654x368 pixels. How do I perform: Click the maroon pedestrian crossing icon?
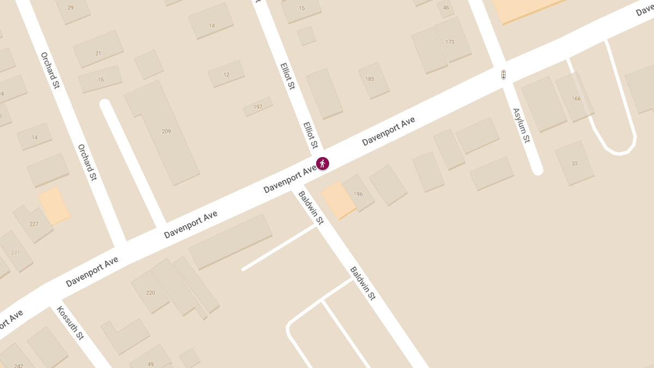(x=323, y=163)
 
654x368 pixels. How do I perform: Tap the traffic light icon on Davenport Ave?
(x=504, y=75)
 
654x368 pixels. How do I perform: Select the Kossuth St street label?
(x=70, y=323)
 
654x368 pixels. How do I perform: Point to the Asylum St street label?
(x=521, y=125)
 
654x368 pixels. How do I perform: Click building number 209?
(x=166, y=131)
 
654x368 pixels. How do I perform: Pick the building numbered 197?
(x=258, y=107)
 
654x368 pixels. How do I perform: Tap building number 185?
(x=370, y=79)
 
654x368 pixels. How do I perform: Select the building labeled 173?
(x=450, y=42)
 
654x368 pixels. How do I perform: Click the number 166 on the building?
(x=576, y=99)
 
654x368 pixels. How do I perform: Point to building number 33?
(x=574, y=164)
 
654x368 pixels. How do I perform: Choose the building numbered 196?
(x=358, y=194)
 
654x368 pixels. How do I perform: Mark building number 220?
(x=150, y=293)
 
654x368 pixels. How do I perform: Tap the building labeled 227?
(x=34, y=224)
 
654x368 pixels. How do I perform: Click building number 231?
(x=15, y=252)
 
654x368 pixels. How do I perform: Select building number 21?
(x=98, y=53)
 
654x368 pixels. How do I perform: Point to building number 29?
(x=70, y=8)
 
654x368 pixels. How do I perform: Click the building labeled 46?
(x=446, y=8)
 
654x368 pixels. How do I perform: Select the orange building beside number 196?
(x=338, y=200)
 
